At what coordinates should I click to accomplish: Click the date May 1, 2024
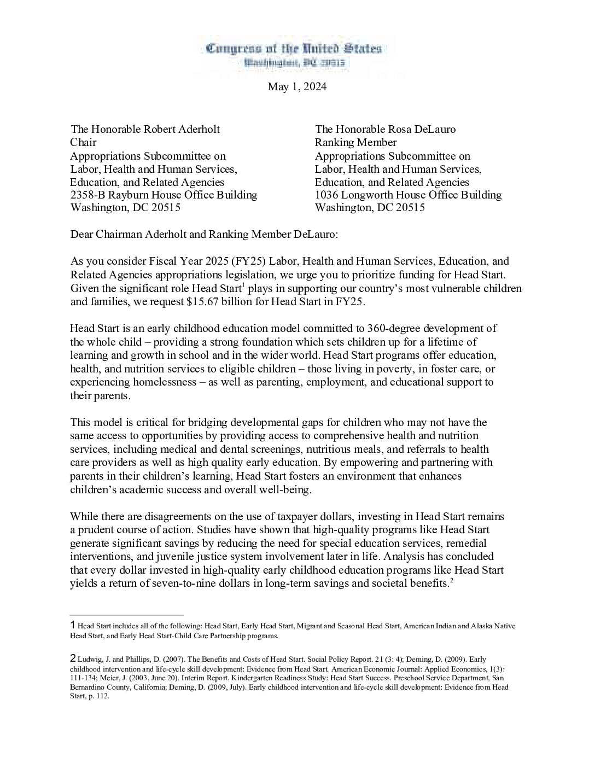point(297,86)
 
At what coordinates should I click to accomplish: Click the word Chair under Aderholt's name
point(83,142)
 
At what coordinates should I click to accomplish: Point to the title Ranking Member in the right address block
point(355,142)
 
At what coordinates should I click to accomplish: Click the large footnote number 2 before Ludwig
point(73,658)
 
